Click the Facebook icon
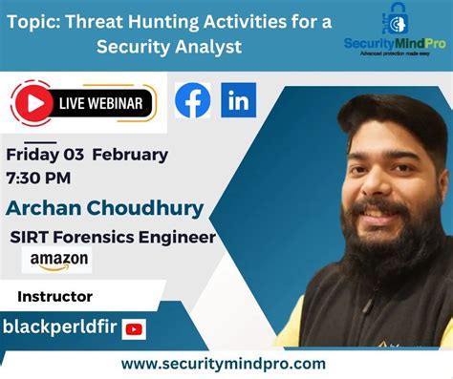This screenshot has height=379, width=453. pos(193,100)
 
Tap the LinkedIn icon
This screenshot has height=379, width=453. pos(238,100)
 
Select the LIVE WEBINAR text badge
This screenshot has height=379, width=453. pos(99,103)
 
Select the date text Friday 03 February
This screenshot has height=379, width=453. pos(87,155)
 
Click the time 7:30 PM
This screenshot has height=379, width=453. pos(38,177)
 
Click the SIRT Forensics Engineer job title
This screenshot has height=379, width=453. pos(113,237)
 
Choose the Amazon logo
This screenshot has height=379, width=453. pos(59,260)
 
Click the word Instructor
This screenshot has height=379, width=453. pos(54,297)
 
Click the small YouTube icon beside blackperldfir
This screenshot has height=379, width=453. pos(134,329)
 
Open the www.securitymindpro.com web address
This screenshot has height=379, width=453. pos(224,364)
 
